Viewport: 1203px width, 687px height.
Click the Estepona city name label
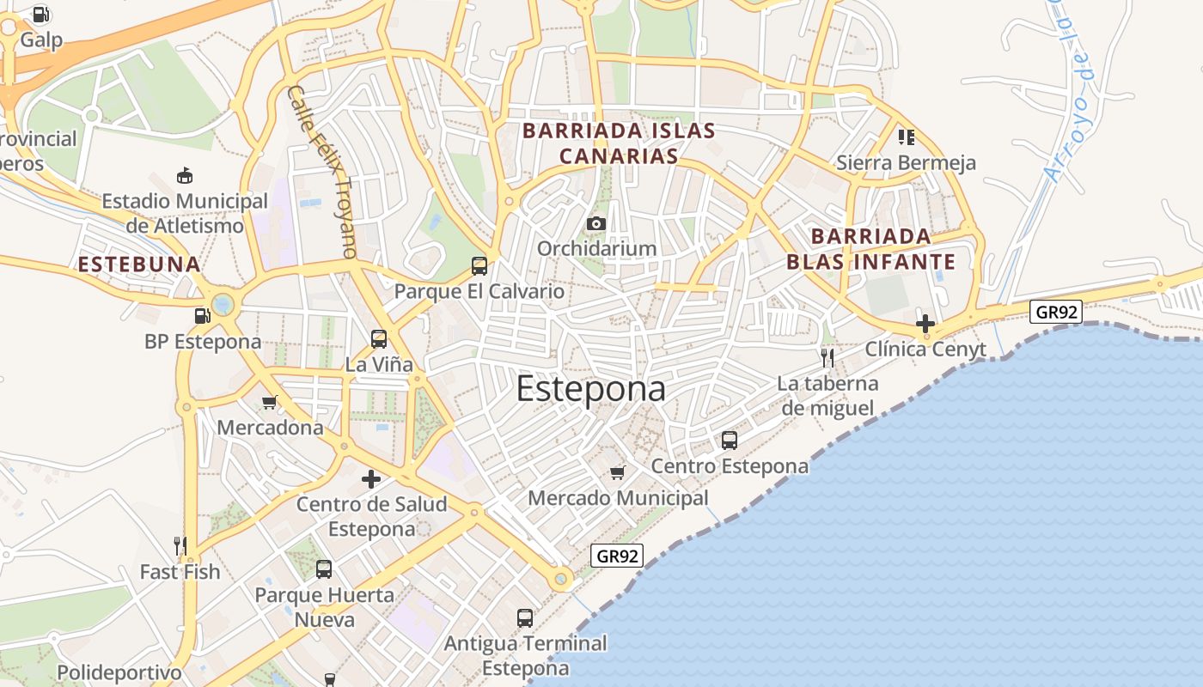590,389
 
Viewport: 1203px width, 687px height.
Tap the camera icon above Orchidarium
595,224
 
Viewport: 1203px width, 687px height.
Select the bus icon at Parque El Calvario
479,266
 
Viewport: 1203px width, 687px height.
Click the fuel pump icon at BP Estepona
202,316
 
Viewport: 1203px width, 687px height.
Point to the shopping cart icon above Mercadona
270,402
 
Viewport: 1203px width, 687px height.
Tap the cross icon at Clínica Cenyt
925,324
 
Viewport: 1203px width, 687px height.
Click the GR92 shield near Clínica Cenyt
1056,311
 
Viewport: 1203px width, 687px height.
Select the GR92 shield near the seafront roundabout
617,556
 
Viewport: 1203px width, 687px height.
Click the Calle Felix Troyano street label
321,171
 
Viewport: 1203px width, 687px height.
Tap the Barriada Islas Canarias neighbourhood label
619,143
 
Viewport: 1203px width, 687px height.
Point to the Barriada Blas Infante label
870,248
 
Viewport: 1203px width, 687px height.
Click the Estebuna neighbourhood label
139,264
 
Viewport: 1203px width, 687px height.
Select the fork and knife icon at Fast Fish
180,545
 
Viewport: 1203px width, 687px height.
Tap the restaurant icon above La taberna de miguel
827,357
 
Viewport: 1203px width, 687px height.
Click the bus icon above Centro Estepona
730,441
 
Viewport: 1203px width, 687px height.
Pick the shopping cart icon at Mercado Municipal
617,472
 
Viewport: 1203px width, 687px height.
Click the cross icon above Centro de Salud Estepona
371,479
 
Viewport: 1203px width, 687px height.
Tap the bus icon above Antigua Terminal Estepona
525,617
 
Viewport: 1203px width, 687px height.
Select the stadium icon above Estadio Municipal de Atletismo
184,175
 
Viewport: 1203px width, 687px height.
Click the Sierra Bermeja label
906,162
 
